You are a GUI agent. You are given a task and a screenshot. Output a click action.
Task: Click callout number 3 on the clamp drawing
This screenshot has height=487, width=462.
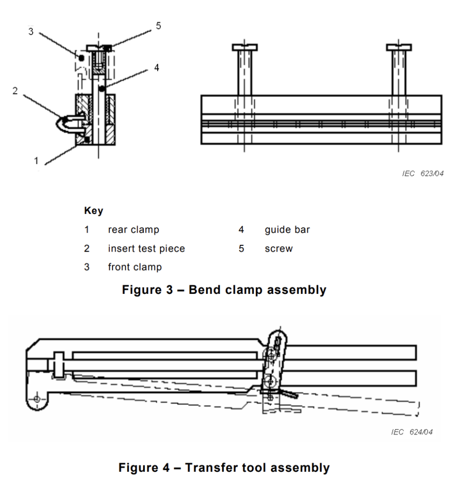pos(31,31)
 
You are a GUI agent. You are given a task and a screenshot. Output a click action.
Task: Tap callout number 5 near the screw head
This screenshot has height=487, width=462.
pos(159,26)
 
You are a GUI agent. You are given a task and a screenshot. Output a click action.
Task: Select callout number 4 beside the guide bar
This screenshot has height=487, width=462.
pos(157,68)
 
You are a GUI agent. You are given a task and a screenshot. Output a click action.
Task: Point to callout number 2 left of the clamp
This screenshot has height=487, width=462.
pos(15,91)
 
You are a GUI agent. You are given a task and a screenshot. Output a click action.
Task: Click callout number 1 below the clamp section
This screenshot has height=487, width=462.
pos(36,161)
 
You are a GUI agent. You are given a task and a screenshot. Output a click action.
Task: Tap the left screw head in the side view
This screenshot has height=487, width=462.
pos(245,48)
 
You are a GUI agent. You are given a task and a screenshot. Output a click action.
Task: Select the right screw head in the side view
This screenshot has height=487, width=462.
pos(399,48)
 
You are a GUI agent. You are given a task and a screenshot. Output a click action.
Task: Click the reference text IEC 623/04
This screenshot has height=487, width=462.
pos(423,173)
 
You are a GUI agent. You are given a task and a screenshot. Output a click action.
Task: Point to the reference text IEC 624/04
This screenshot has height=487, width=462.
pos(412,432)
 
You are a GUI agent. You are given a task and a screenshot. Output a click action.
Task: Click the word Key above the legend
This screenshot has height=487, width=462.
pos(94,211)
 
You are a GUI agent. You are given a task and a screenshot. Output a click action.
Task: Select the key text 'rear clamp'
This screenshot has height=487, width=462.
pos(133,230)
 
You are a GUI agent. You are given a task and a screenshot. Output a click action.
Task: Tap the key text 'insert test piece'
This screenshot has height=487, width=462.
pos(146,248)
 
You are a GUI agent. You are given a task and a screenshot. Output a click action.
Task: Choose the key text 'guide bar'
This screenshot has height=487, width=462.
pos(287,230)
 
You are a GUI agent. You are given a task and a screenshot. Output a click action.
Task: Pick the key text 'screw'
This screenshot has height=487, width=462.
pos(278,249)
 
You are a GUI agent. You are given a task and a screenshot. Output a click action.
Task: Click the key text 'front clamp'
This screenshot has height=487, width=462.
pos(135,267)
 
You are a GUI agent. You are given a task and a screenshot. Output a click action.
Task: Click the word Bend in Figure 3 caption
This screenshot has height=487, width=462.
pos(205,290)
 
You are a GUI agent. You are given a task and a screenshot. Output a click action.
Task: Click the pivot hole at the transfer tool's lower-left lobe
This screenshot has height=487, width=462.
pos(37,399)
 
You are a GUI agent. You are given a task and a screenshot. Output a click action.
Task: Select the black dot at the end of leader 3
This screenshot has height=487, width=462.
pos(81,58)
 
